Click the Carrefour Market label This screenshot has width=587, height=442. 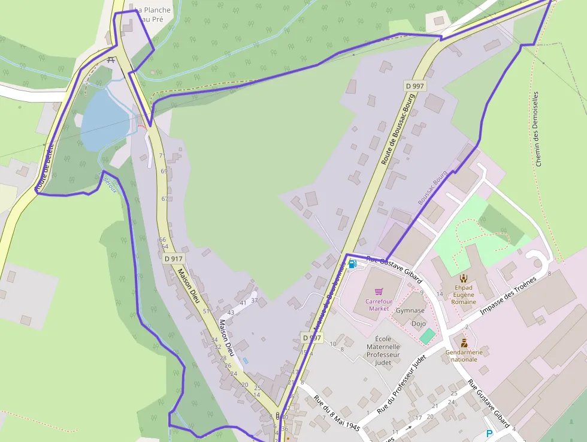[379, 305]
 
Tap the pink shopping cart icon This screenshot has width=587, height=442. [379, 292]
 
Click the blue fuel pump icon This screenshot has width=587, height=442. [352, 264]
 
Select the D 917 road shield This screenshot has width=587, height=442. [173, 258]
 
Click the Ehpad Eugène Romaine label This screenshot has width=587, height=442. [464, 294]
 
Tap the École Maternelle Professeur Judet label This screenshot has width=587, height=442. [383, 350]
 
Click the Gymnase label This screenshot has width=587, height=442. [410, 311]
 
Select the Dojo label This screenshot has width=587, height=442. [419, 323]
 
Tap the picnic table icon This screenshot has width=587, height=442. [110, 60]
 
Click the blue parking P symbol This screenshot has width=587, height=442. [489, 434]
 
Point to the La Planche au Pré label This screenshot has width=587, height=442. [153, 14]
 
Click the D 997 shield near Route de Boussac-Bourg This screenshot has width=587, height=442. [414, 86]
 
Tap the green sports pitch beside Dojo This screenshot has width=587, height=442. [427, 336]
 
